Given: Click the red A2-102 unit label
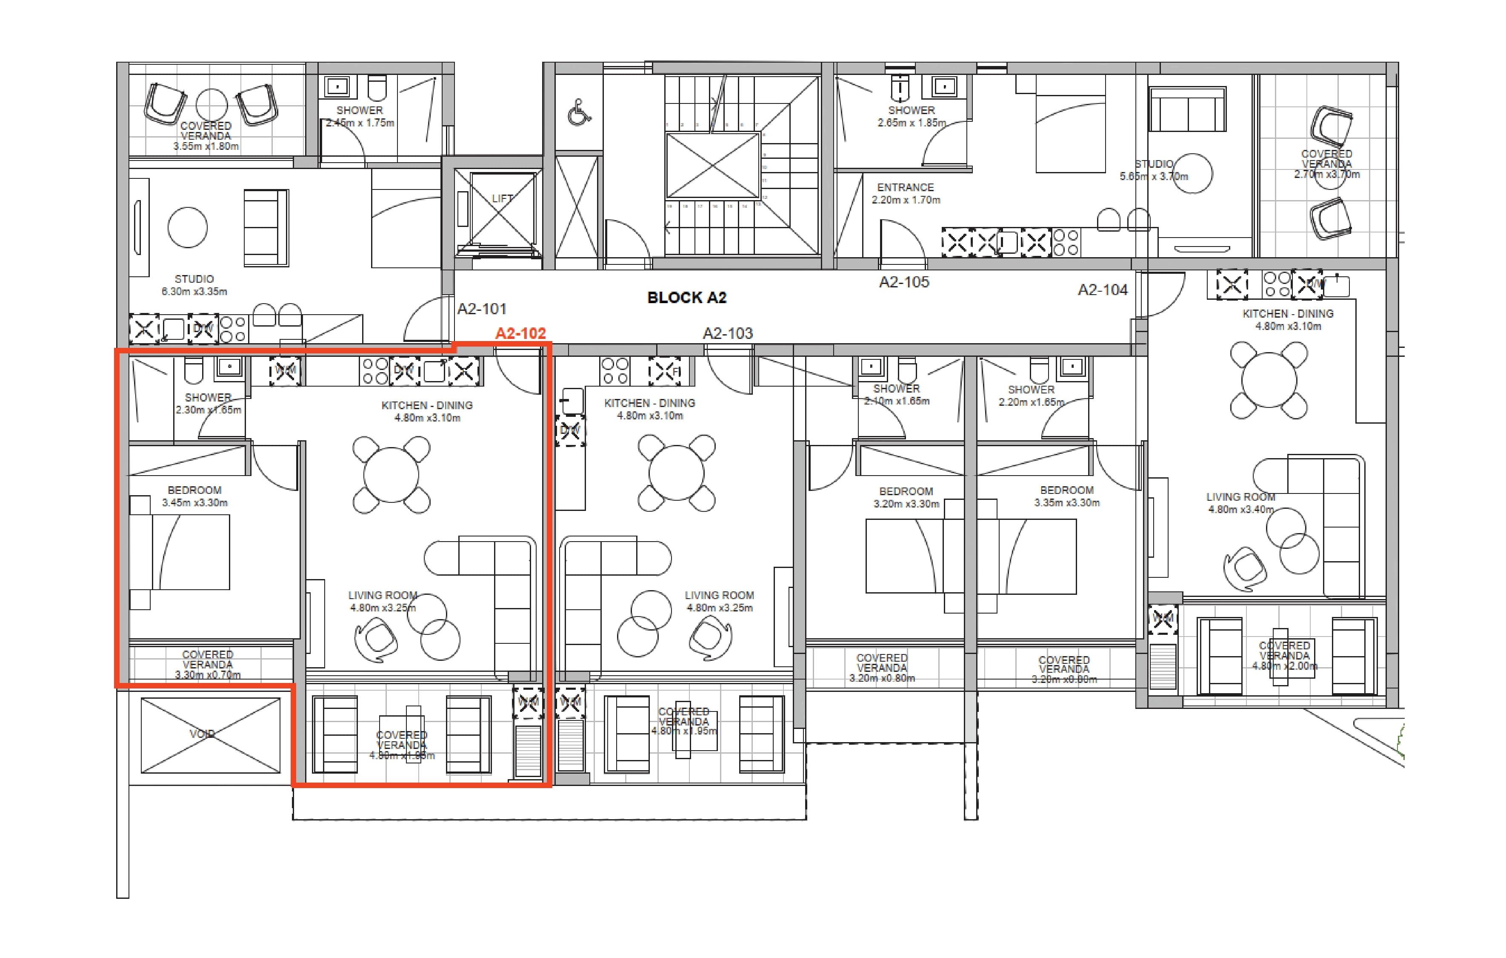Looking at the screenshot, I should tap(520, 333).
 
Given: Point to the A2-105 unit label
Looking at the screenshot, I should tap(904, 282).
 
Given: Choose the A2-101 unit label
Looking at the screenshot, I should tap(482, 309).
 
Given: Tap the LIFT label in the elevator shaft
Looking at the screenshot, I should tap(502, 199).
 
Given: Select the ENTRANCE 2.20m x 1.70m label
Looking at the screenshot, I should tap(905, 193).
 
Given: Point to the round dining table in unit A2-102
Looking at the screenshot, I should tap(392, 475).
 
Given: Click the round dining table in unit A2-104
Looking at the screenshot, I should tap(1269, 380).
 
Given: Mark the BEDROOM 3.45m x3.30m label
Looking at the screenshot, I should tap(194, 496).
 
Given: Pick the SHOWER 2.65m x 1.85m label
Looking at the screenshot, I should tap(911, 116).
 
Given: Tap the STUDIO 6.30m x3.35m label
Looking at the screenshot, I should tap(194, 285).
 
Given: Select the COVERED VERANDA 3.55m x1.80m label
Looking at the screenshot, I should tap(206, 136).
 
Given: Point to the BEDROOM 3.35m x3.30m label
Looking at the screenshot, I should tap(1066, 496).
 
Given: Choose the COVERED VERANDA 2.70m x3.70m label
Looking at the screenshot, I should tap(1326, 164).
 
